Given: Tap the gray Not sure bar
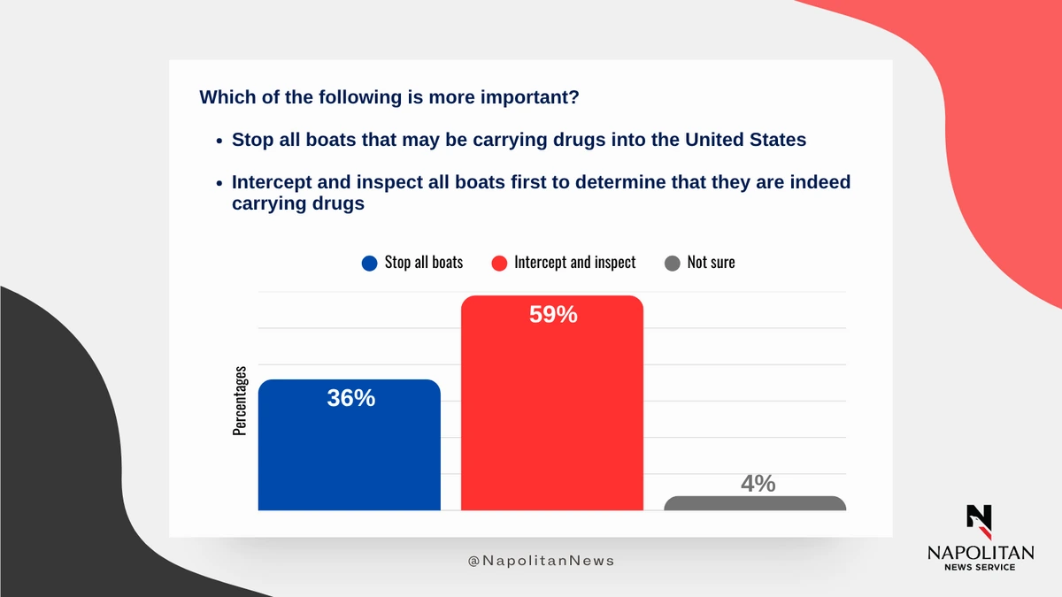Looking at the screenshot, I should [755, 503].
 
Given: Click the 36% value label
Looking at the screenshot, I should [351, 399].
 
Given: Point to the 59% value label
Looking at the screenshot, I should [553, 314].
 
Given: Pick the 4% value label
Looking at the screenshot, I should [758, 484].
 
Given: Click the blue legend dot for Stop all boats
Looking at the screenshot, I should [370, 263].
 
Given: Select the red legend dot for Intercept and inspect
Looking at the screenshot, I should [499, 263].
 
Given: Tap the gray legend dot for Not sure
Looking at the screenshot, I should [673, 263].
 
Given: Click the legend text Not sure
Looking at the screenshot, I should [711, 263].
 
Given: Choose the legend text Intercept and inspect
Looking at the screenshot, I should [574, 263].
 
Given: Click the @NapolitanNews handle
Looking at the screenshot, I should [541, 561].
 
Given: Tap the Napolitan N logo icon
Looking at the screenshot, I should [980, 521].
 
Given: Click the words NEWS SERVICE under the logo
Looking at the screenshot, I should [980, 567].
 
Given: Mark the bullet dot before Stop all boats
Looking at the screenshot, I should [219, 142].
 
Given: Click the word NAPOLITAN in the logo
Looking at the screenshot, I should [980, 552].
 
